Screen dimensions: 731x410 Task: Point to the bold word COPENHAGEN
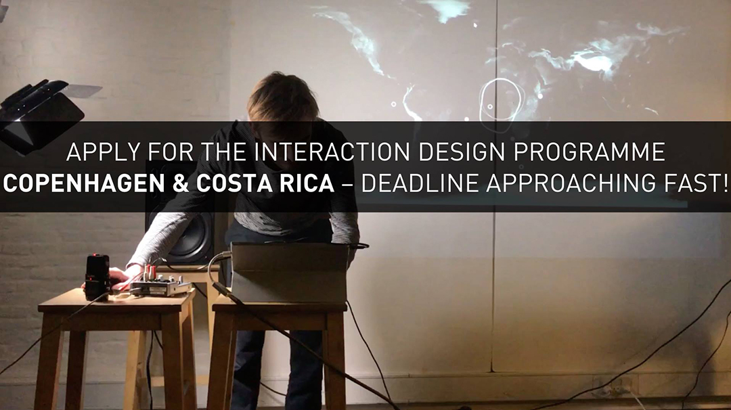84,183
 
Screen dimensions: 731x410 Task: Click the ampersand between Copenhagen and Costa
181,183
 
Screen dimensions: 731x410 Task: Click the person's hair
282,99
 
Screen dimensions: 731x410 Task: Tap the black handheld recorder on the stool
97,277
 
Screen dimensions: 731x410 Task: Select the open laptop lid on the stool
290,273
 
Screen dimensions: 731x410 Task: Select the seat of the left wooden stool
116,300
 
